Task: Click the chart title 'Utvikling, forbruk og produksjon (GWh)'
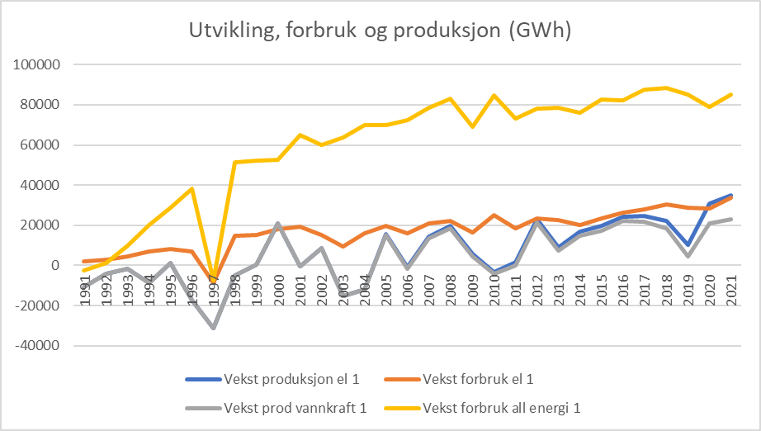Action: (380, 31)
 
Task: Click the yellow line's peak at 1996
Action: (191, 188)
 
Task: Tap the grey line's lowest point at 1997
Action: (213, 328)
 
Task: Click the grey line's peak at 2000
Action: (277, 224)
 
